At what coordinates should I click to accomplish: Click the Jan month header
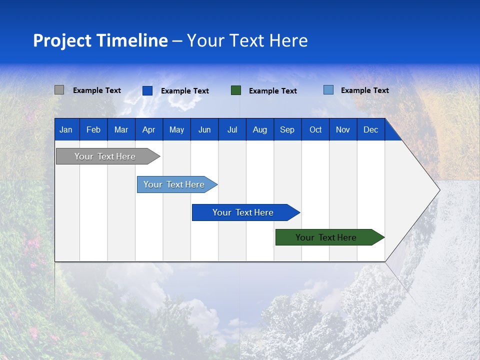pos(66,129)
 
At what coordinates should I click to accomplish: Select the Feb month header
pos(93,129)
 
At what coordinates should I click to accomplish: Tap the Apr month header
pos(148,129)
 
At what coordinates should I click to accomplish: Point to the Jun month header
pos(204,129)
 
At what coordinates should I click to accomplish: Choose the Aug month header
pos(259,129)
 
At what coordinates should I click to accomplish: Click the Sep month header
pos(287,129)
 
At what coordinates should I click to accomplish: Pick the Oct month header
pos(315,129)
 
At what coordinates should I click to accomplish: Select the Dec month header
pos(370,129)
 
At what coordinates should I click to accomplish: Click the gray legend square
pos(59,90)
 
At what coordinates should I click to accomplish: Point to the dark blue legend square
pos(147,90)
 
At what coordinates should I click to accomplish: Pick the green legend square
pos(236,90)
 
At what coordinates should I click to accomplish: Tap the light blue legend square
pos(328,90)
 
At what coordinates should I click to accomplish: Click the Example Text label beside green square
pos(272,91)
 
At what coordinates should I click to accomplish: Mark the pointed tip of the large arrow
pos(439,190)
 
